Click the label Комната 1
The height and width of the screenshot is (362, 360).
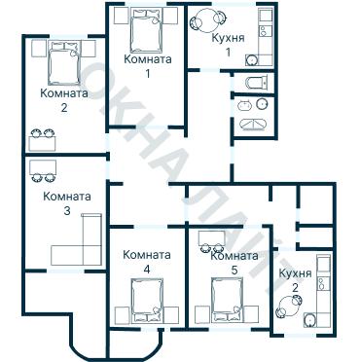click(x=148, y=66)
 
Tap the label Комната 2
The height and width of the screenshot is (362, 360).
click(x=64, y=100)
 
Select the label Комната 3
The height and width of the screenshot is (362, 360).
click(x=67, y=203)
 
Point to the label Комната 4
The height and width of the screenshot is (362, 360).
click(x=147, y=262)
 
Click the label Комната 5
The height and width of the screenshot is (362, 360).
click(x=234, y=263)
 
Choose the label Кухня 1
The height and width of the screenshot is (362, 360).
click(x=228, y=45)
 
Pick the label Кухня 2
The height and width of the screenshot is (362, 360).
click(x=295, y=280)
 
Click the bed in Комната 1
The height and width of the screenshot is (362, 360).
click(x=146, y=31)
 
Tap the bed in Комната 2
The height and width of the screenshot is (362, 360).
click(x=64, y=62)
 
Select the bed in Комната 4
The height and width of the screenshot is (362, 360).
click(x=147, y=301)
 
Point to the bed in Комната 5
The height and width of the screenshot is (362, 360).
click(x=227, y=301)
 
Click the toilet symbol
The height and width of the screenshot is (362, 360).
click(x=257, y=83)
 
